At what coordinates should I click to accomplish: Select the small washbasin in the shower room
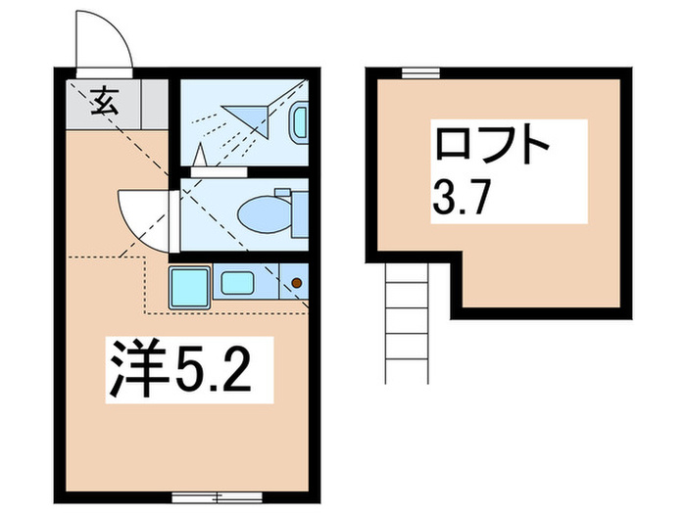[x=299, y=122]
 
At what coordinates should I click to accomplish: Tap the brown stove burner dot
[x=297, y=285]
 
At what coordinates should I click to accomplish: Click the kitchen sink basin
[x=237, y=284]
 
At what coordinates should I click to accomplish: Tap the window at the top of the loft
[x=419, y=71]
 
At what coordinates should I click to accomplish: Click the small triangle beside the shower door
[x=200, y=155]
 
